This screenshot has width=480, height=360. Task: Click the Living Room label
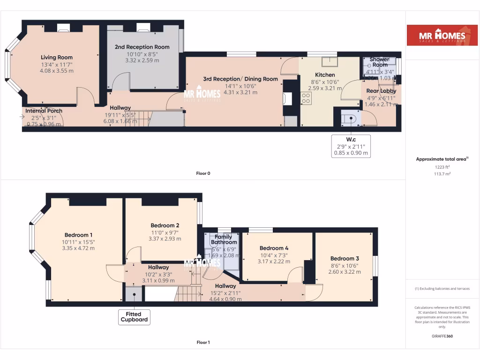pyautogui.click(x=56, y=57)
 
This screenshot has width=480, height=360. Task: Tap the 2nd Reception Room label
pyautogui.click(x=142, y=47)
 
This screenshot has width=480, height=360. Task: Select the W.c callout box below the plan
pyautogui.click(x=351, y=146)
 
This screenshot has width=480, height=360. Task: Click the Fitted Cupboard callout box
pyautogui.click(x=135, y=317)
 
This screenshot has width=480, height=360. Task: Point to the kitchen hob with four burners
pyautogui.click(x=305, y=98)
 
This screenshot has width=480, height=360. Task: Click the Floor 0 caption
pyautogui.click(x=203, y=173)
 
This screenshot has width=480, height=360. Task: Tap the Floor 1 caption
pyautogui.click(x=203, y=342)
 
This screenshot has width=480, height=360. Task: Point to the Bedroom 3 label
pyautogui.click(x=345, y=258)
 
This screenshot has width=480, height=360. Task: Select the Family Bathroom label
pyautogui.click(x=224, y=240)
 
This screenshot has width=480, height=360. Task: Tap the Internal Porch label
pyautogui.click(x=44, y=111)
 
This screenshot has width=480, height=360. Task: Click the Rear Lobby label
pyautogui.click(x=381, y=91)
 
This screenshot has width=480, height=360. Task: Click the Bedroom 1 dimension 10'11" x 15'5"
pyautogui.click(x=78, y=242)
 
